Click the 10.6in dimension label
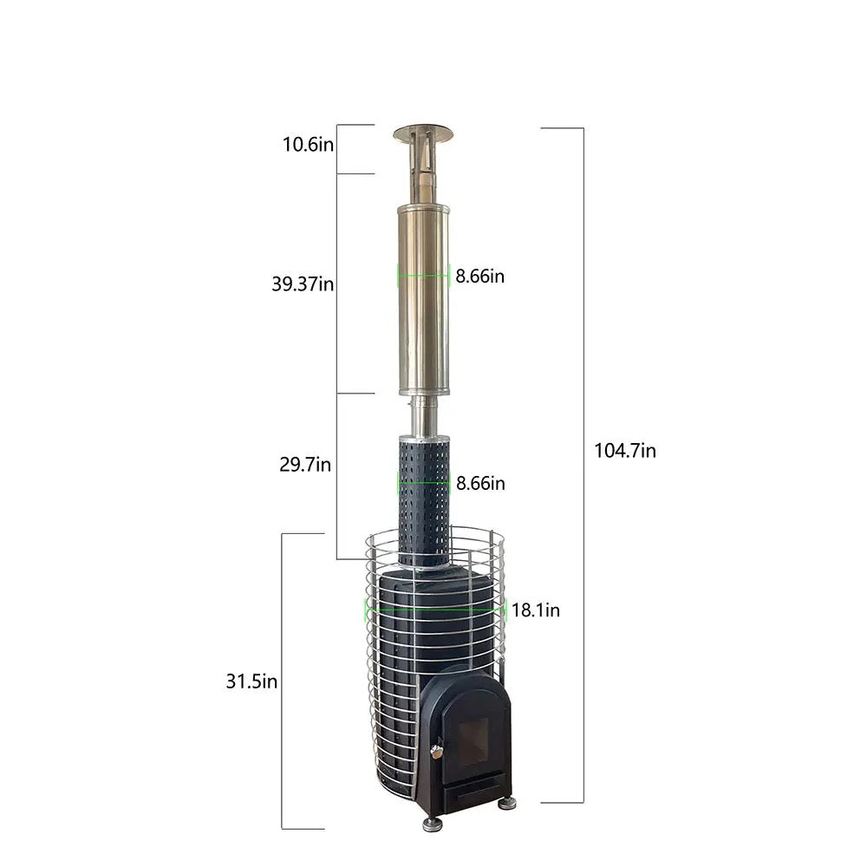point(308,144)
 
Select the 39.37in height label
point(303,284)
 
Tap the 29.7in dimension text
point(305,465)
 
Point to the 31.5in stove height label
point(251,681)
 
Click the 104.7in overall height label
point(625,451)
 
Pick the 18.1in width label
point(535,610)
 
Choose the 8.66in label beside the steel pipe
point(480,276)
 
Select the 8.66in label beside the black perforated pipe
point(480,483)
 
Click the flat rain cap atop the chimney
point(423,134)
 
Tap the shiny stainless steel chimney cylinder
point(424,299)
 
